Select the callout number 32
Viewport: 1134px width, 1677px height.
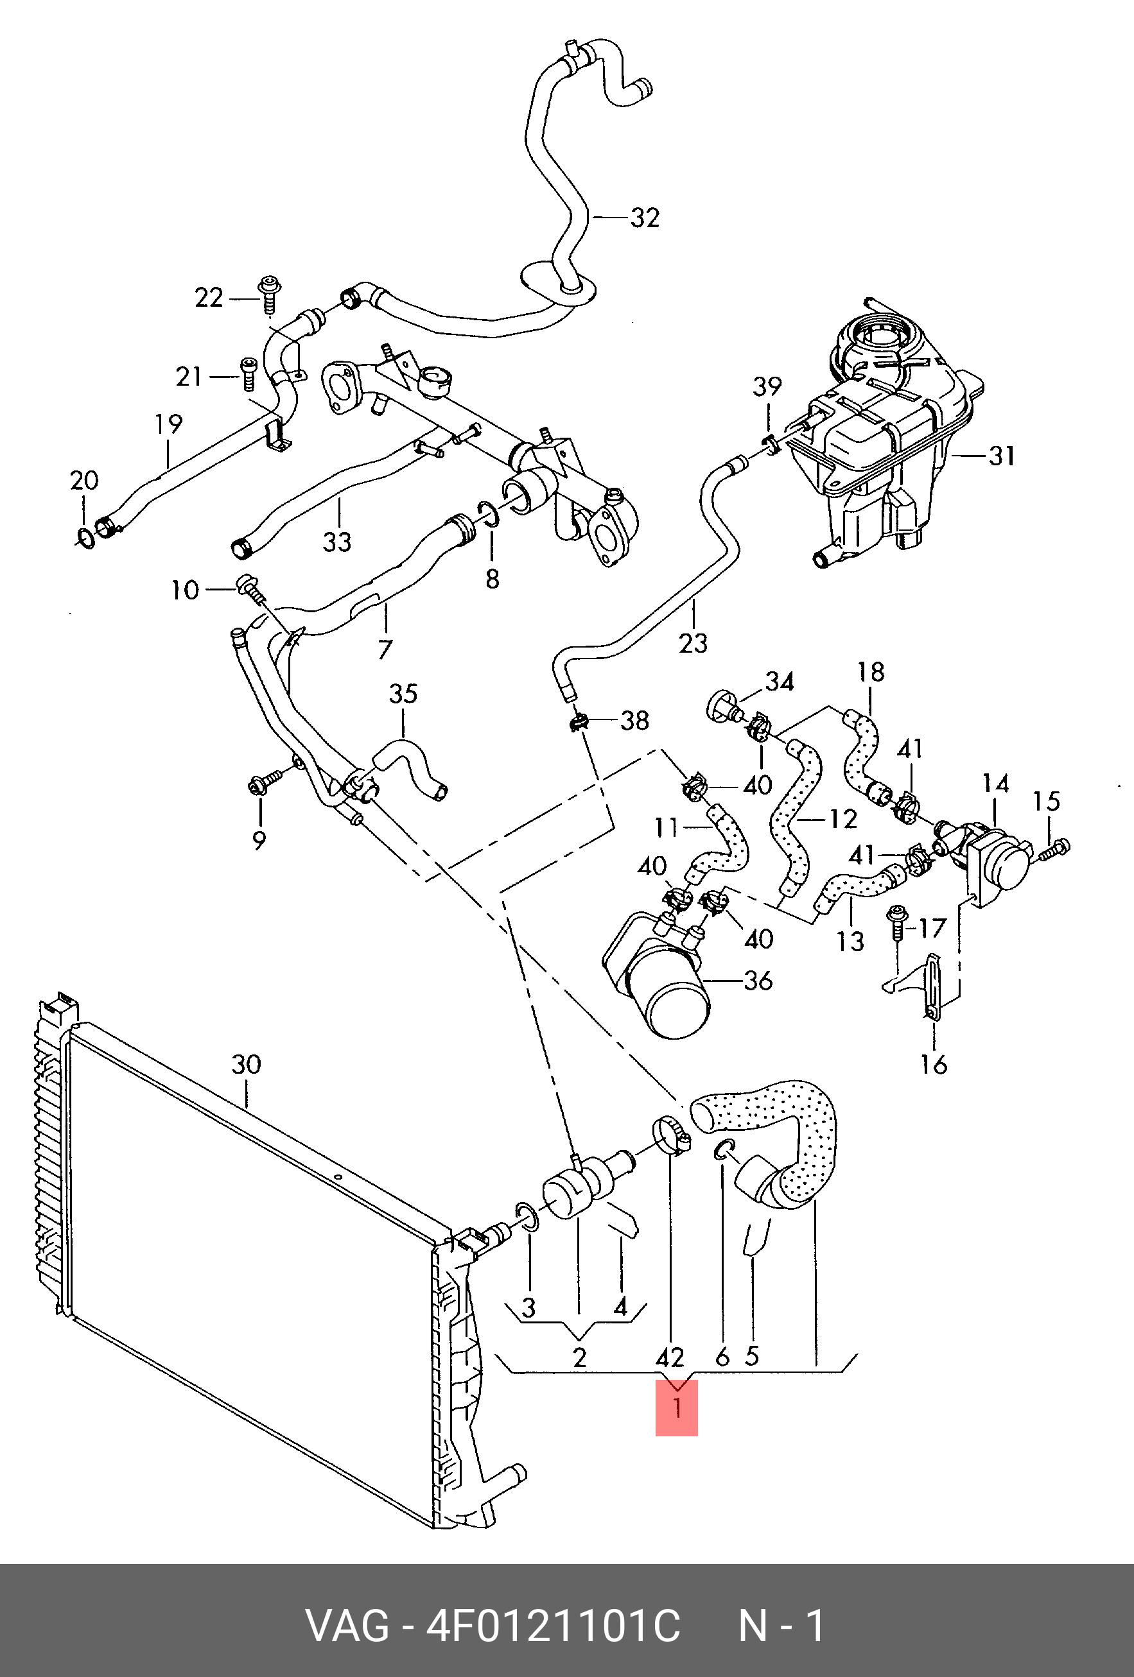pos(645,217)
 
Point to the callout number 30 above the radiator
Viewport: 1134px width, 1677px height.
pos(246,1064)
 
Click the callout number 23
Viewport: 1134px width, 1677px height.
pos(693,642)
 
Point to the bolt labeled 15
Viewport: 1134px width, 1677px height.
pos(1054,848)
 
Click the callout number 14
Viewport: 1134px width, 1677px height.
pos(995,784)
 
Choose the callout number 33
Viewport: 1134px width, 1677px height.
pos(336,542)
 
